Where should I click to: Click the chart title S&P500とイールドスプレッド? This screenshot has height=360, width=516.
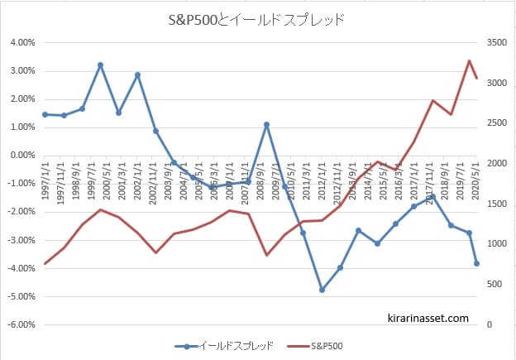tap(258, 19)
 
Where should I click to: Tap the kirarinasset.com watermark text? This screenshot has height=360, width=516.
tap(428, 317)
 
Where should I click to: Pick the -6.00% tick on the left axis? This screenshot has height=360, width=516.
tap(21, 324)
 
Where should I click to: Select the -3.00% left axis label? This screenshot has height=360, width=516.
tap(21, 240)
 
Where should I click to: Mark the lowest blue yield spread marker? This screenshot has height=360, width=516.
tap(322, 290)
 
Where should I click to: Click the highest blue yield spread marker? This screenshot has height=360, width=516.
tap(100, 65)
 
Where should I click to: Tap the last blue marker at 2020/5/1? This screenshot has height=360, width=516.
tap(476, 263)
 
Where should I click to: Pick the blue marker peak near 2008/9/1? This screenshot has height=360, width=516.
tap(266, 124)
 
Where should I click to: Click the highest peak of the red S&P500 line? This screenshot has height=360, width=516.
tap(469, 60)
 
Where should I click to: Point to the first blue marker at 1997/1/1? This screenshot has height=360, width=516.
tap(45, 114)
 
